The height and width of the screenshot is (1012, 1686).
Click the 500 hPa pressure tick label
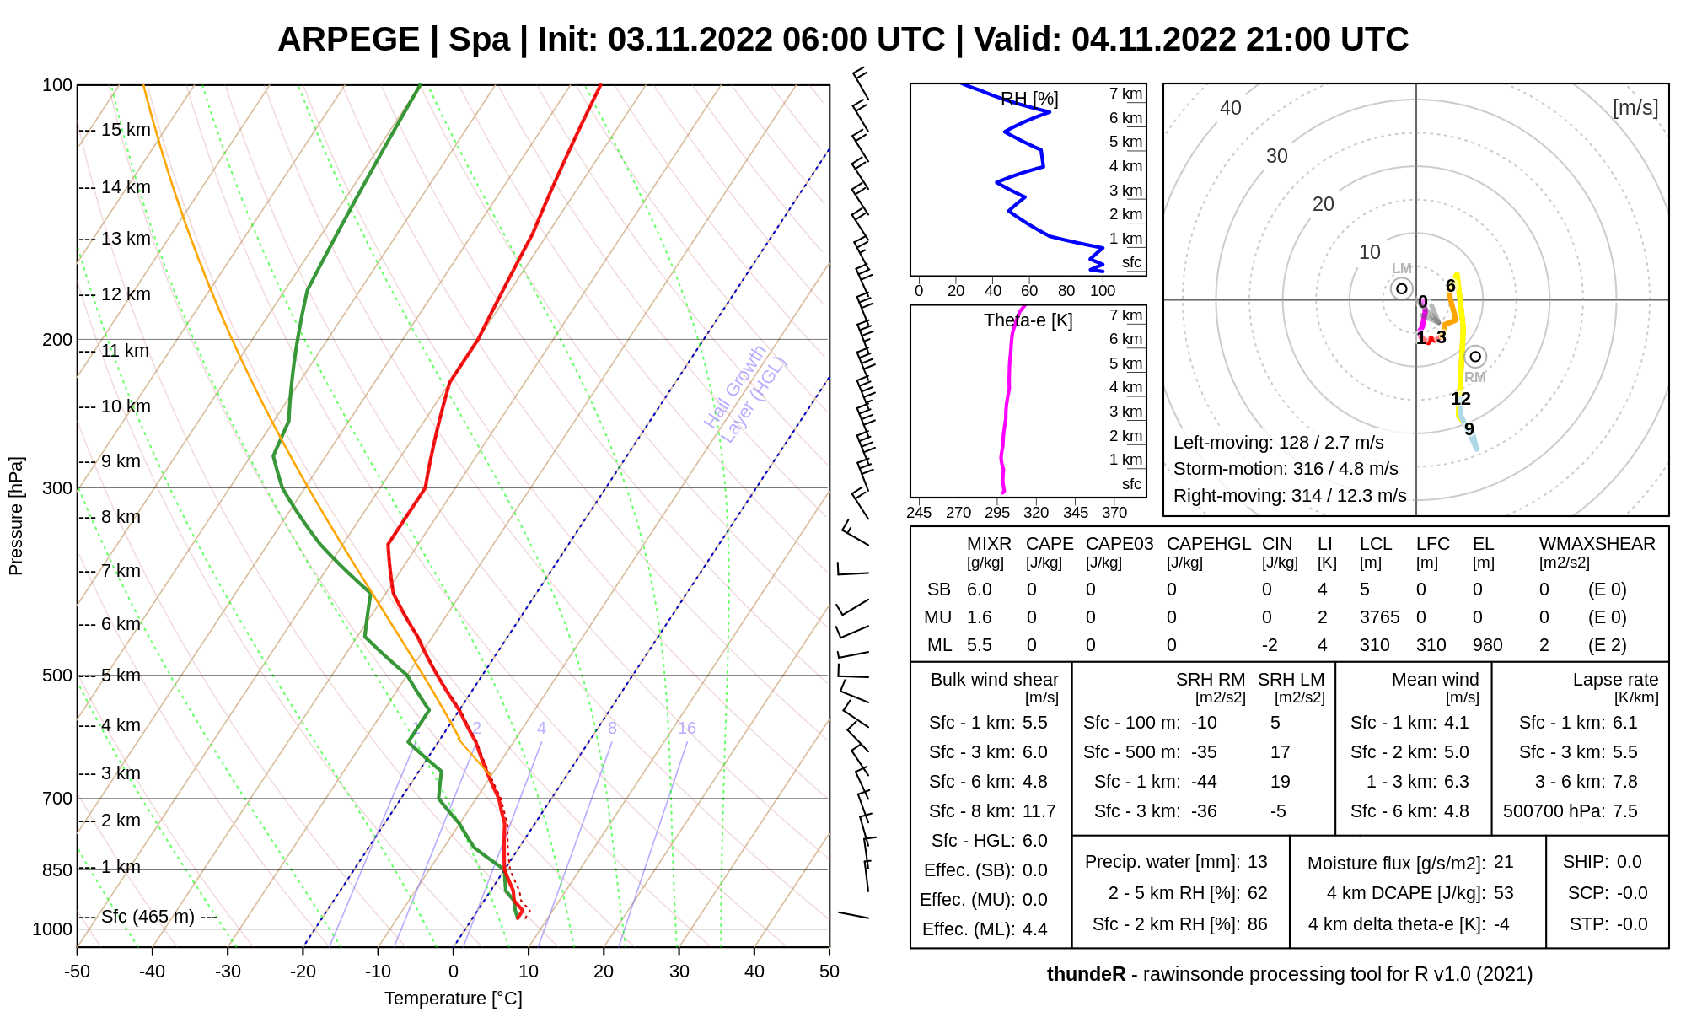tap(56, 676)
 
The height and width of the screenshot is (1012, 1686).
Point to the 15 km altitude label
tap(126, 130)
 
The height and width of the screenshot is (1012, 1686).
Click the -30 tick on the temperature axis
tap(228, 972)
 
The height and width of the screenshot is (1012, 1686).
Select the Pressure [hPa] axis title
tap(16, 516)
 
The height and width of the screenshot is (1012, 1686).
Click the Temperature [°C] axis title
tap(454, 999)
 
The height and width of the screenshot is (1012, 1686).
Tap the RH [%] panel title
tap(1029, 100)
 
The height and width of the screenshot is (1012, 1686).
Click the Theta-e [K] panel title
tap(1028, 320)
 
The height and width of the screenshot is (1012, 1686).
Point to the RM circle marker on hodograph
tap(1475, 357)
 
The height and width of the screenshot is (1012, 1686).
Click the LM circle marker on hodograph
tap(1402, 288)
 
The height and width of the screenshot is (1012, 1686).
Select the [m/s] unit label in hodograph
tap(1635, 108)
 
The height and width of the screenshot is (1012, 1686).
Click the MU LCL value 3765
tap(1379, 617)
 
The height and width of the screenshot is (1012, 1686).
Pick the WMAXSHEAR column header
tap(1597, 544)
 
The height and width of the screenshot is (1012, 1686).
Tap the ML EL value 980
tap(1487, 645)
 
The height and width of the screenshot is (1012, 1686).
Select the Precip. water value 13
tap(1257, 862)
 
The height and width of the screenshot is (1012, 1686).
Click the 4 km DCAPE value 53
tap(1503, 893)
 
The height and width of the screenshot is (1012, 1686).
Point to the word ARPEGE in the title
tap(348, 40)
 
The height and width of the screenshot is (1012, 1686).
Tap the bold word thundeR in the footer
tap(1086, 974)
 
